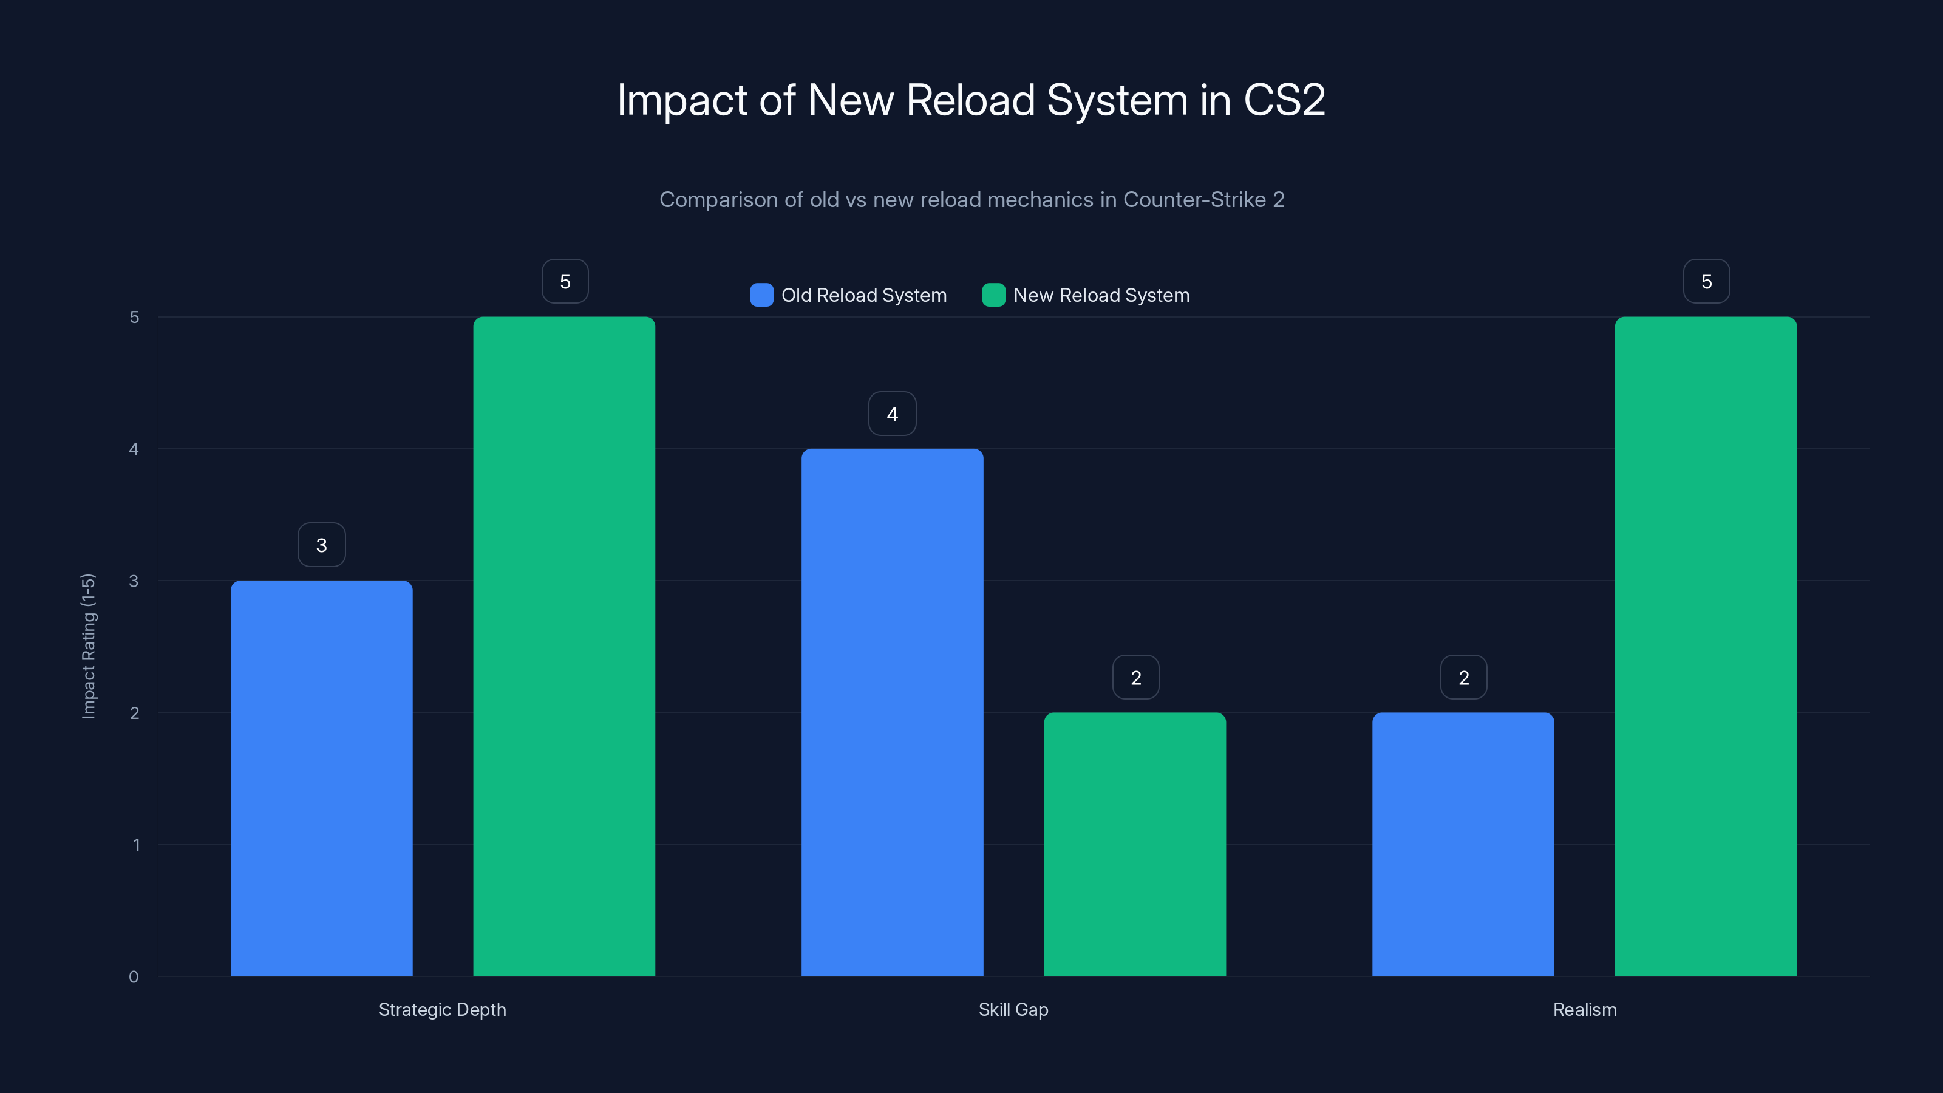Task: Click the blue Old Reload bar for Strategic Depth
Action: [x=321, y=778]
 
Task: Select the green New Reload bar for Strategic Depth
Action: [x=564, y=645]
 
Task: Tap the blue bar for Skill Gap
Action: [x=893, y=712]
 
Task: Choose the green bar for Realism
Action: [x=1706, y=645]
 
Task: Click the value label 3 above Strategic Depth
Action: [x=321, y=545]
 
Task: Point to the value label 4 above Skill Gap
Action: [x=893, y=414]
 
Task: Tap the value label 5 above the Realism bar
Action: [x=1706, y=281]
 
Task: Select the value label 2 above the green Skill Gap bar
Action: [x=1136, y=678]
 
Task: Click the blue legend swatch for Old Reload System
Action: [x=762, y=295]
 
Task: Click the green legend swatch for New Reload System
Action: [x=993, y=295]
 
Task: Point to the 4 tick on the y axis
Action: [x=134, y=449]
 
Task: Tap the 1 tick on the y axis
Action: [x=137, y=845]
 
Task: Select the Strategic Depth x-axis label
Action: [x=442, y=1009]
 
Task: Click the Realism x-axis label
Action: [x=1585, y=1009]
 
